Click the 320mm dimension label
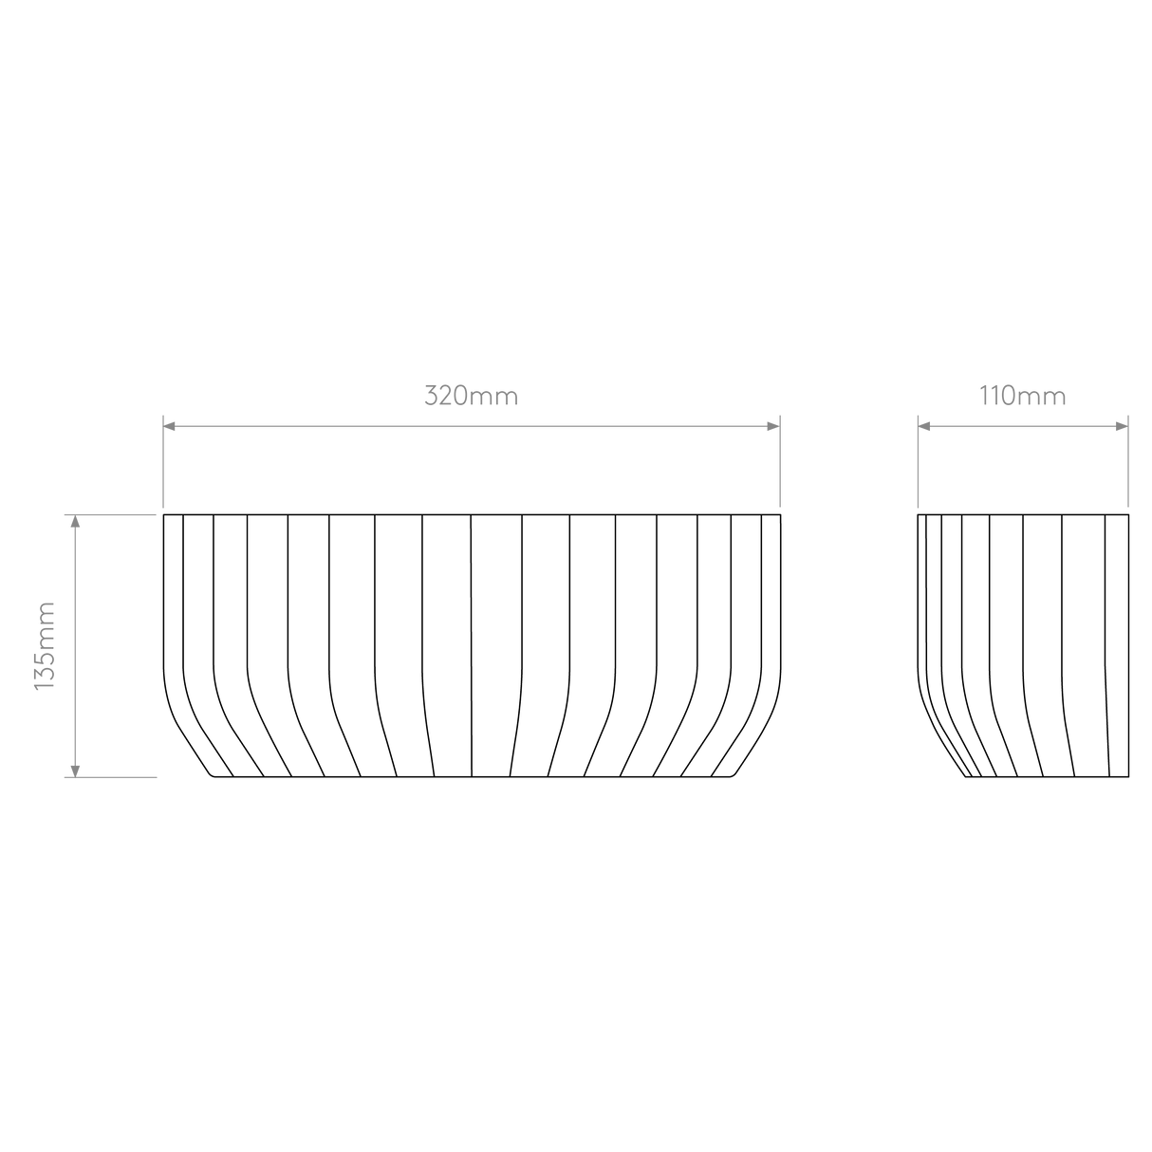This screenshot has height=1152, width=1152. pos(471,396)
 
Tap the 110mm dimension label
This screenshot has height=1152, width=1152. pos(1022,396)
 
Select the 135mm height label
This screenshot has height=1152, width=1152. pos(45,646)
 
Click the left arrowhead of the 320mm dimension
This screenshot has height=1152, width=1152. pos(169,426)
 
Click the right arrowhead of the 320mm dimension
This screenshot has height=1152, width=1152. pos(773,426)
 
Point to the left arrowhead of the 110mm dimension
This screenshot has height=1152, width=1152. pos(924,426)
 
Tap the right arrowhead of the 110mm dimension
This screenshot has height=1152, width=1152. pos(1123,426)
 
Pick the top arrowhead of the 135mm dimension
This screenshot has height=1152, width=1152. pos(75,521)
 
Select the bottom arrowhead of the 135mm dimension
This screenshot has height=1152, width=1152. pos(75,771)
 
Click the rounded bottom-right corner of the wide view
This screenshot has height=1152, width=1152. pos(733,775)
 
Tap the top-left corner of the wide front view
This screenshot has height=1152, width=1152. pos(164,514)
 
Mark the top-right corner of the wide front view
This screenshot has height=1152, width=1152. pos(780,514)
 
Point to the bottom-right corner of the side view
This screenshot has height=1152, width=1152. pos(1128,777)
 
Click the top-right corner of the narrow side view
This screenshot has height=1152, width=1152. pos(1128,514)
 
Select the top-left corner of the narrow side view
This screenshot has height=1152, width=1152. pos(919,514)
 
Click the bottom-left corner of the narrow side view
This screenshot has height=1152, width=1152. pos(966,777)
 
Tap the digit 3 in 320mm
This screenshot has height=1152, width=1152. pos(432,397)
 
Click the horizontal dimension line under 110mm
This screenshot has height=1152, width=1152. pos(1023,426)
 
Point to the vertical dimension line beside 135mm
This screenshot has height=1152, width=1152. pos(75,646)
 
